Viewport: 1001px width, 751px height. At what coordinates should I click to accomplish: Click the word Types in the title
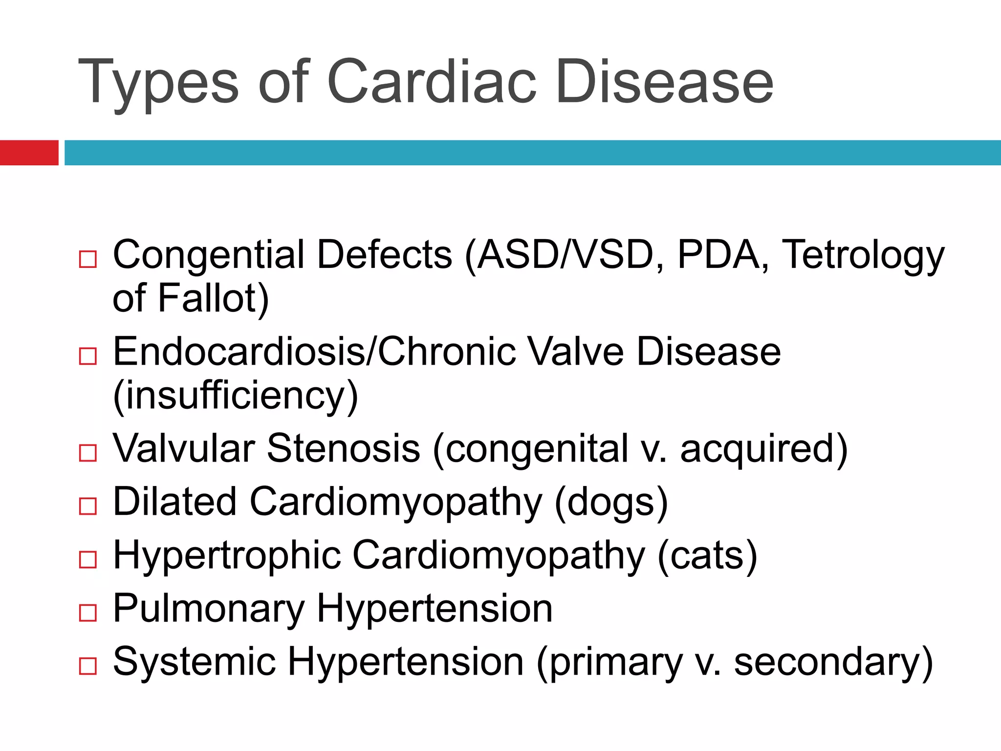[x=158, y=82]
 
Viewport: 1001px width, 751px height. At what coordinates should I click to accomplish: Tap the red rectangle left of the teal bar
[x=29, y=153]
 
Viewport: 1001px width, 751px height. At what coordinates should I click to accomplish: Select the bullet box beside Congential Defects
[x=88, y=259]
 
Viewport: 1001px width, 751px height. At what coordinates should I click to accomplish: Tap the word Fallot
[x=213, y=298]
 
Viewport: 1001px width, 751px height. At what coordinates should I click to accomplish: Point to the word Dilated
[x=174, y=502]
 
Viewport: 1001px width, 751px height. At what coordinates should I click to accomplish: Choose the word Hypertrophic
[x=227, y=555]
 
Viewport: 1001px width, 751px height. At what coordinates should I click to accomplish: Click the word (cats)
[x=707, y=555]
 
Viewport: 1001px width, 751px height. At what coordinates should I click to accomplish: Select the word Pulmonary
[x=209, y=609]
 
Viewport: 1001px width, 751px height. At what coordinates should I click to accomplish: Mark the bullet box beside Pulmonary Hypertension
[x=88, y=613]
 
